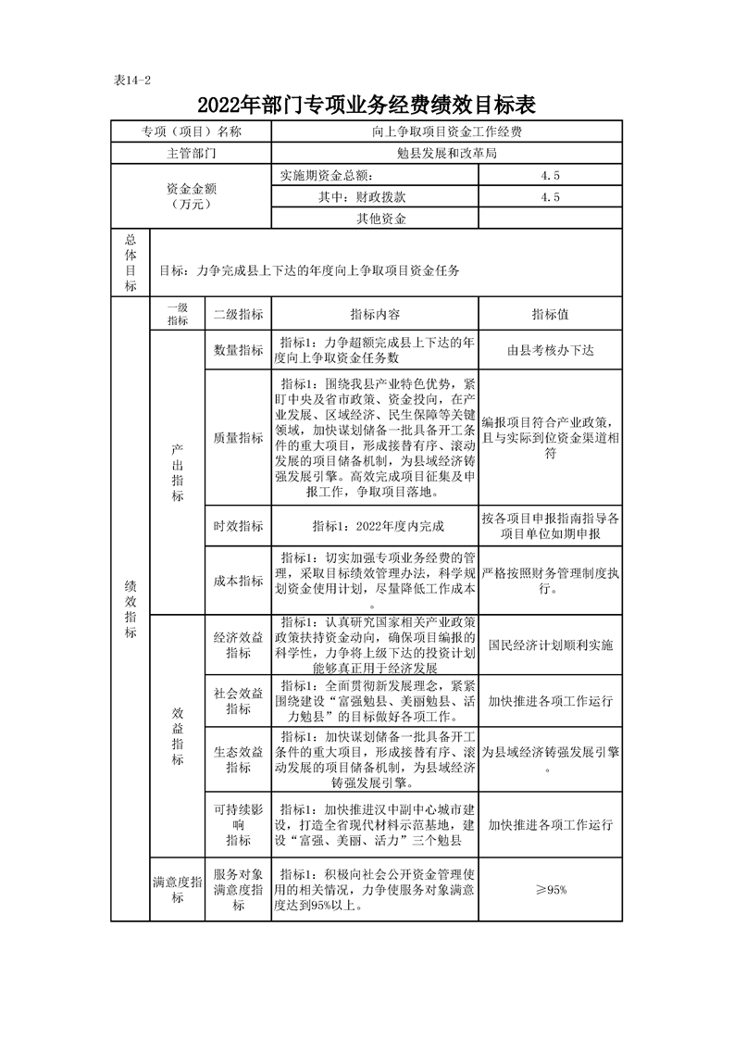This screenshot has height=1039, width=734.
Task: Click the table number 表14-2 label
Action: [x=131, y=81]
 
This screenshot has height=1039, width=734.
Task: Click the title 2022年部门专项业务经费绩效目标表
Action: [x=367, y=103]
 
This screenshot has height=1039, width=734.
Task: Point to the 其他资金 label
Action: [x=375, y=219]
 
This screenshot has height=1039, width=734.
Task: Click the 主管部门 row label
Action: [x=191, y=153]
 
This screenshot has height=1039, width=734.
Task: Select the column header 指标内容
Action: [x=375, y=315]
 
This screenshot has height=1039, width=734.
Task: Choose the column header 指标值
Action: [x=550, y=315]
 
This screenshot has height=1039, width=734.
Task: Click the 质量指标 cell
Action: [x=238, y=438]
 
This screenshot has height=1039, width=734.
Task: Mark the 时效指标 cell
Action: [x=238, y=526]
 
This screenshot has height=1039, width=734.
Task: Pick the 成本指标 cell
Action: [x=238, y=581]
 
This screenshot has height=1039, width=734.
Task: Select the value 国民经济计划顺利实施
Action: [x=550, y=644]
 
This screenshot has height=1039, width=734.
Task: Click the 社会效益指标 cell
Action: [x=238, y=701]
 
